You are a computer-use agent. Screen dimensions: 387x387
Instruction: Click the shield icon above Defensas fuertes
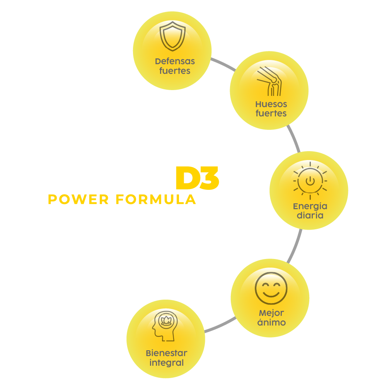[172, 36]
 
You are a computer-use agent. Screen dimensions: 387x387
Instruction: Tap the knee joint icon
[269, 81]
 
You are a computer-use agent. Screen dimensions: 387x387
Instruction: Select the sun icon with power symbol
[310, 181]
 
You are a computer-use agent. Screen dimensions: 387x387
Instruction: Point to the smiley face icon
[271, 288]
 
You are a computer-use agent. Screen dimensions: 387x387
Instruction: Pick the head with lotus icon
[165, 326]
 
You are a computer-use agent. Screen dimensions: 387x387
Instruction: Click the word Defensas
[175, 61]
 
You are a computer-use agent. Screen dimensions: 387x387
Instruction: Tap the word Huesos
[271, 104]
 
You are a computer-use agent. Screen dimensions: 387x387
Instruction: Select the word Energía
[310, 206]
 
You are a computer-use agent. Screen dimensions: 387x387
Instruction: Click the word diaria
[310, 215]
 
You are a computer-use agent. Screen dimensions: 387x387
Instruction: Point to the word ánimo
[271, 322]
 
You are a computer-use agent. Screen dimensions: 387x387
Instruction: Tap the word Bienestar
[167, 353]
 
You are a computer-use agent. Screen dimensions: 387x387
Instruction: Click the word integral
[167, 363]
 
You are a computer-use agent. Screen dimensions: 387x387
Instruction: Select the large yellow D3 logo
[197, 178]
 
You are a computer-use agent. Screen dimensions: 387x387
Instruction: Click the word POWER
[78, 199]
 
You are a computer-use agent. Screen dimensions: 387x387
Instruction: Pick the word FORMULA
[156, 199]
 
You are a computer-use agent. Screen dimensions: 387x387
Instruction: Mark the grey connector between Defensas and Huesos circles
[223, 64]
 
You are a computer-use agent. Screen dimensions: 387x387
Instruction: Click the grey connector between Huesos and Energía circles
[294, 139]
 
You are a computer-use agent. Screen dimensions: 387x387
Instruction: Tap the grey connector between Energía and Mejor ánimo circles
[295, 246]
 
